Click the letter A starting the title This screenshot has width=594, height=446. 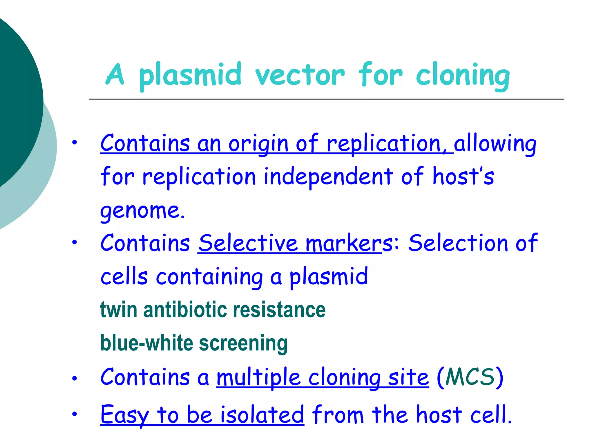115,75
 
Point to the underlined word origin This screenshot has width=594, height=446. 258,144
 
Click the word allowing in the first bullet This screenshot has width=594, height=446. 495,144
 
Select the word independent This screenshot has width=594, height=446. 328,177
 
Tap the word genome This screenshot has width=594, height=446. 142,211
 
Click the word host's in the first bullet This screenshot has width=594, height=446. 463,176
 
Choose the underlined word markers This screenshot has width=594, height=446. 344,243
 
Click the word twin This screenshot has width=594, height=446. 118,310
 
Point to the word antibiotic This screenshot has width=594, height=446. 185,310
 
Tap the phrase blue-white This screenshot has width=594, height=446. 146,343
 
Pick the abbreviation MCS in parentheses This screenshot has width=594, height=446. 470,377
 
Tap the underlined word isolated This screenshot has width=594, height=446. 262,415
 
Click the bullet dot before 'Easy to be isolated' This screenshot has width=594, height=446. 75,414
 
